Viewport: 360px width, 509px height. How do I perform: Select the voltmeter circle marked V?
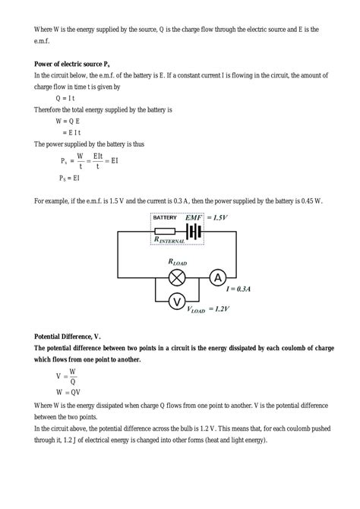click(176, 302)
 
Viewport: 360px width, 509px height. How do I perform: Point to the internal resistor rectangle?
click(164, 230)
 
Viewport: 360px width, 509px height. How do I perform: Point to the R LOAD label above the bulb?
click(177, 262)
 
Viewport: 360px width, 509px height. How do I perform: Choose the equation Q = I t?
click(68, 98)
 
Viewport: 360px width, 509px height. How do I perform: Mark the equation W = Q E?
click(69, 121)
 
